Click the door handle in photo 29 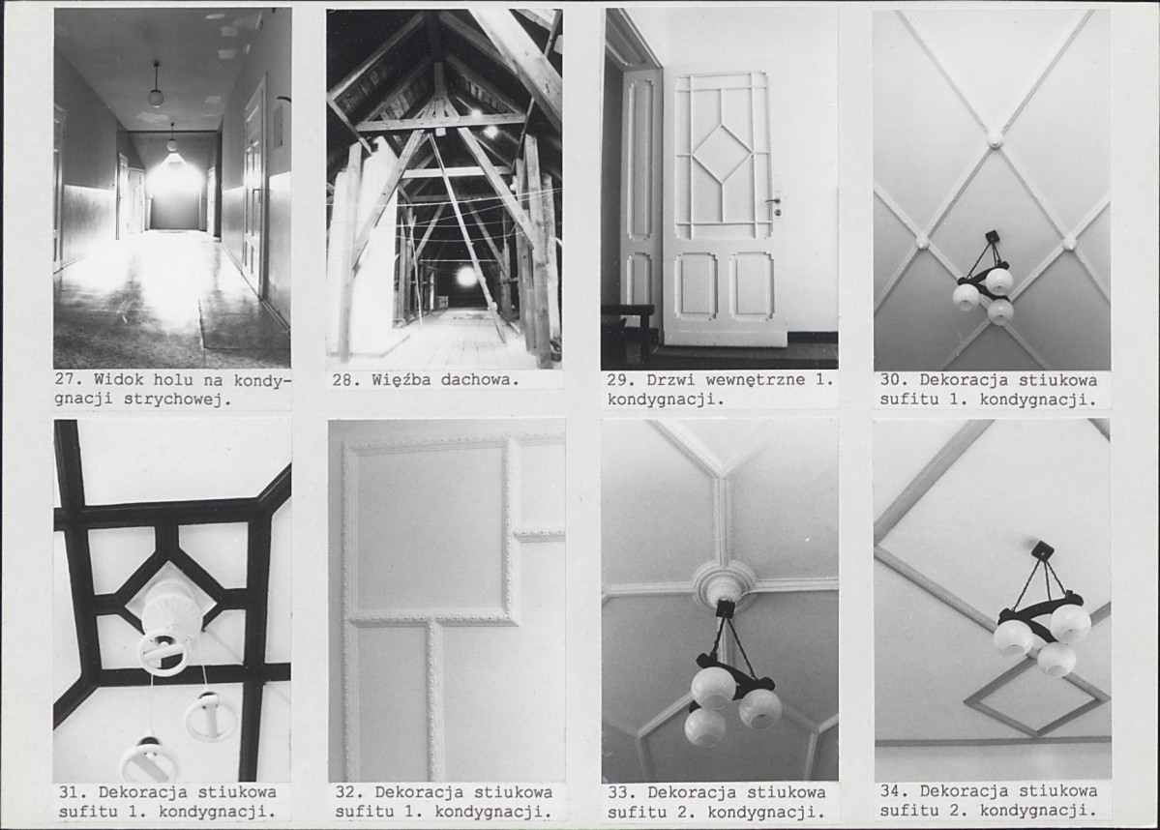(x=774, y=201)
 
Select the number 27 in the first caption (x=65, y=380)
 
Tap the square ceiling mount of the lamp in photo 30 (x=992, y=237)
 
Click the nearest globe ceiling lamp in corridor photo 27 (x=155, y=96)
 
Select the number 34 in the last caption (x=890, y=790)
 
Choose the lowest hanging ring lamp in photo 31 (x=148, y=758)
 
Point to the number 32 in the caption (x=344, y=791)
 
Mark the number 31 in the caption (x=68, y=791)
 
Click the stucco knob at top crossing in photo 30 (x=992, y=138)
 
